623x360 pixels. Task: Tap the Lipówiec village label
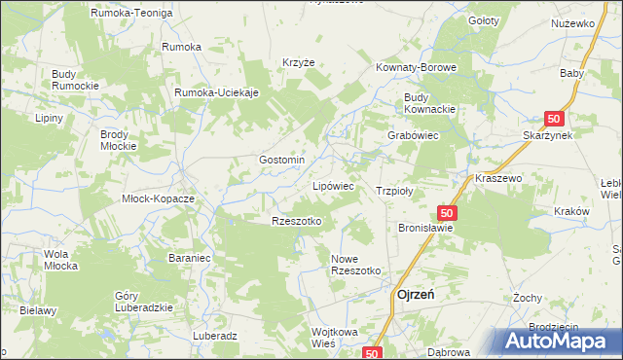click(x=332, y=185)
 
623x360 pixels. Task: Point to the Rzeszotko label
click(x=296, y=221)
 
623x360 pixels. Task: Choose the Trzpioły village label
click(x=395, y=192)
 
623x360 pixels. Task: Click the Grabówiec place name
click(x=415, y=136)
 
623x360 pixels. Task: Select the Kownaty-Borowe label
click(x=416, y=68)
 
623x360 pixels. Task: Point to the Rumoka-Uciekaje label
click(x=216, y=92)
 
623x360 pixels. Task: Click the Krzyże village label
click(x=299, y=61)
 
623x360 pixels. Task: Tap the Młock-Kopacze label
click(x=158, y=198)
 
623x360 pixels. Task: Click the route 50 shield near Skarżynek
click(x=554, y=119)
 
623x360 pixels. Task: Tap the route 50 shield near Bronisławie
click(x=447, y=212)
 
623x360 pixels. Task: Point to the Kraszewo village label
click(x=499, y=179)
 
